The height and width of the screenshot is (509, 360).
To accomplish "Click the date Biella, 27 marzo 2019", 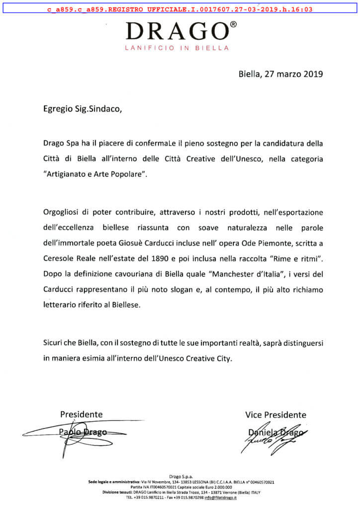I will click(x=281, y=74).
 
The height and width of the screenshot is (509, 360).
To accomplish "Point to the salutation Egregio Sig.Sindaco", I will click(x=81, y=110).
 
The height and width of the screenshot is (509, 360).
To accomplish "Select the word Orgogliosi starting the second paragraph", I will click(x=63, y=213).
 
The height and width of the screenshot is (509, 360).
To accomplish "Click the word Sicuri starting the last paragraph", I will click(x=53, y=343).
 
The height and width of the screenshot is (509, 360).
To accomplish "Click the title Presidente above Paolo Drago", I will click(x=82, y=414).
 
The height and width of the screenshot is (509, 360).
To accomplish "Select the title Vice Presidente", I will click(x=275, y=415).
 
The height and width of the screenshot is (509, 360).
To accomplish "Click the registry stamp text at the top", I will click(x=180, y=9).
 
